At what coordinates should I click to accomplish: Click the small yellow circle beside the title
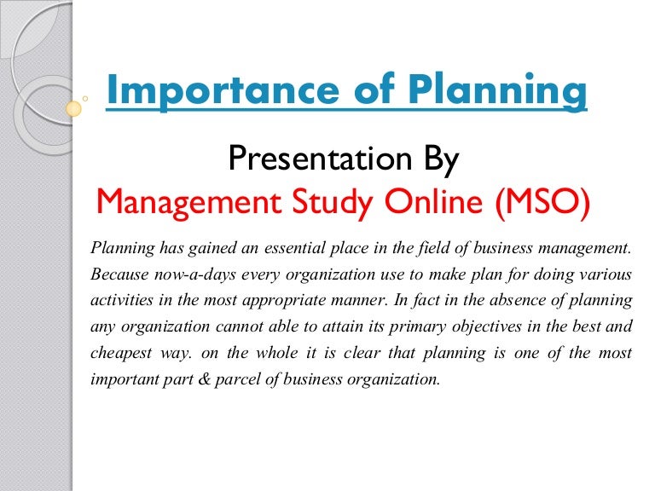click(x=74, y=108)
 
